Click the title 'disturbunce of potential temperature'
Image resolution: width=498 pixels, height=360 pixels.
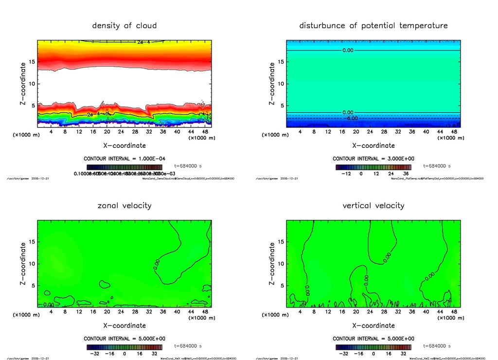tap(373, 25)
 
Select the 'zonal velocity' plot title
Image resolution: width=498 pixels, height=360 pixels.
tap(124, 205)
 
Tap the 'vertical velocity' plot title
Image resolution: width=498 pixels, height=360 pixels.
tap(373, 205)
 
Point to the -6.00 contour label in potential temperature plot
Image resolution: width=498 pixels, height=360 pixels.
tap(351, 118)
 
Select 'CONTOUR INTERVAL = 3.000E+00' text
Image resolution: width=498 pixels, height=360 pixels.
tap(373, 159)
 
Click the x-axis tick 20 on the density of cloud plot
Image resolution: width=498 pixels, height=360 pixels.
tap(107, 131)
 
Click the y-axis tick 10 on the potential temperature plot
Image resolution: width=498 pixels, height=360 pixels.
tap(280, 84)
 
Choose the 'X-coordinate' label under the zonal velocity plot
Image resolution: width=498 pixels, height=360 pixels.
tap(124, 325)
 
